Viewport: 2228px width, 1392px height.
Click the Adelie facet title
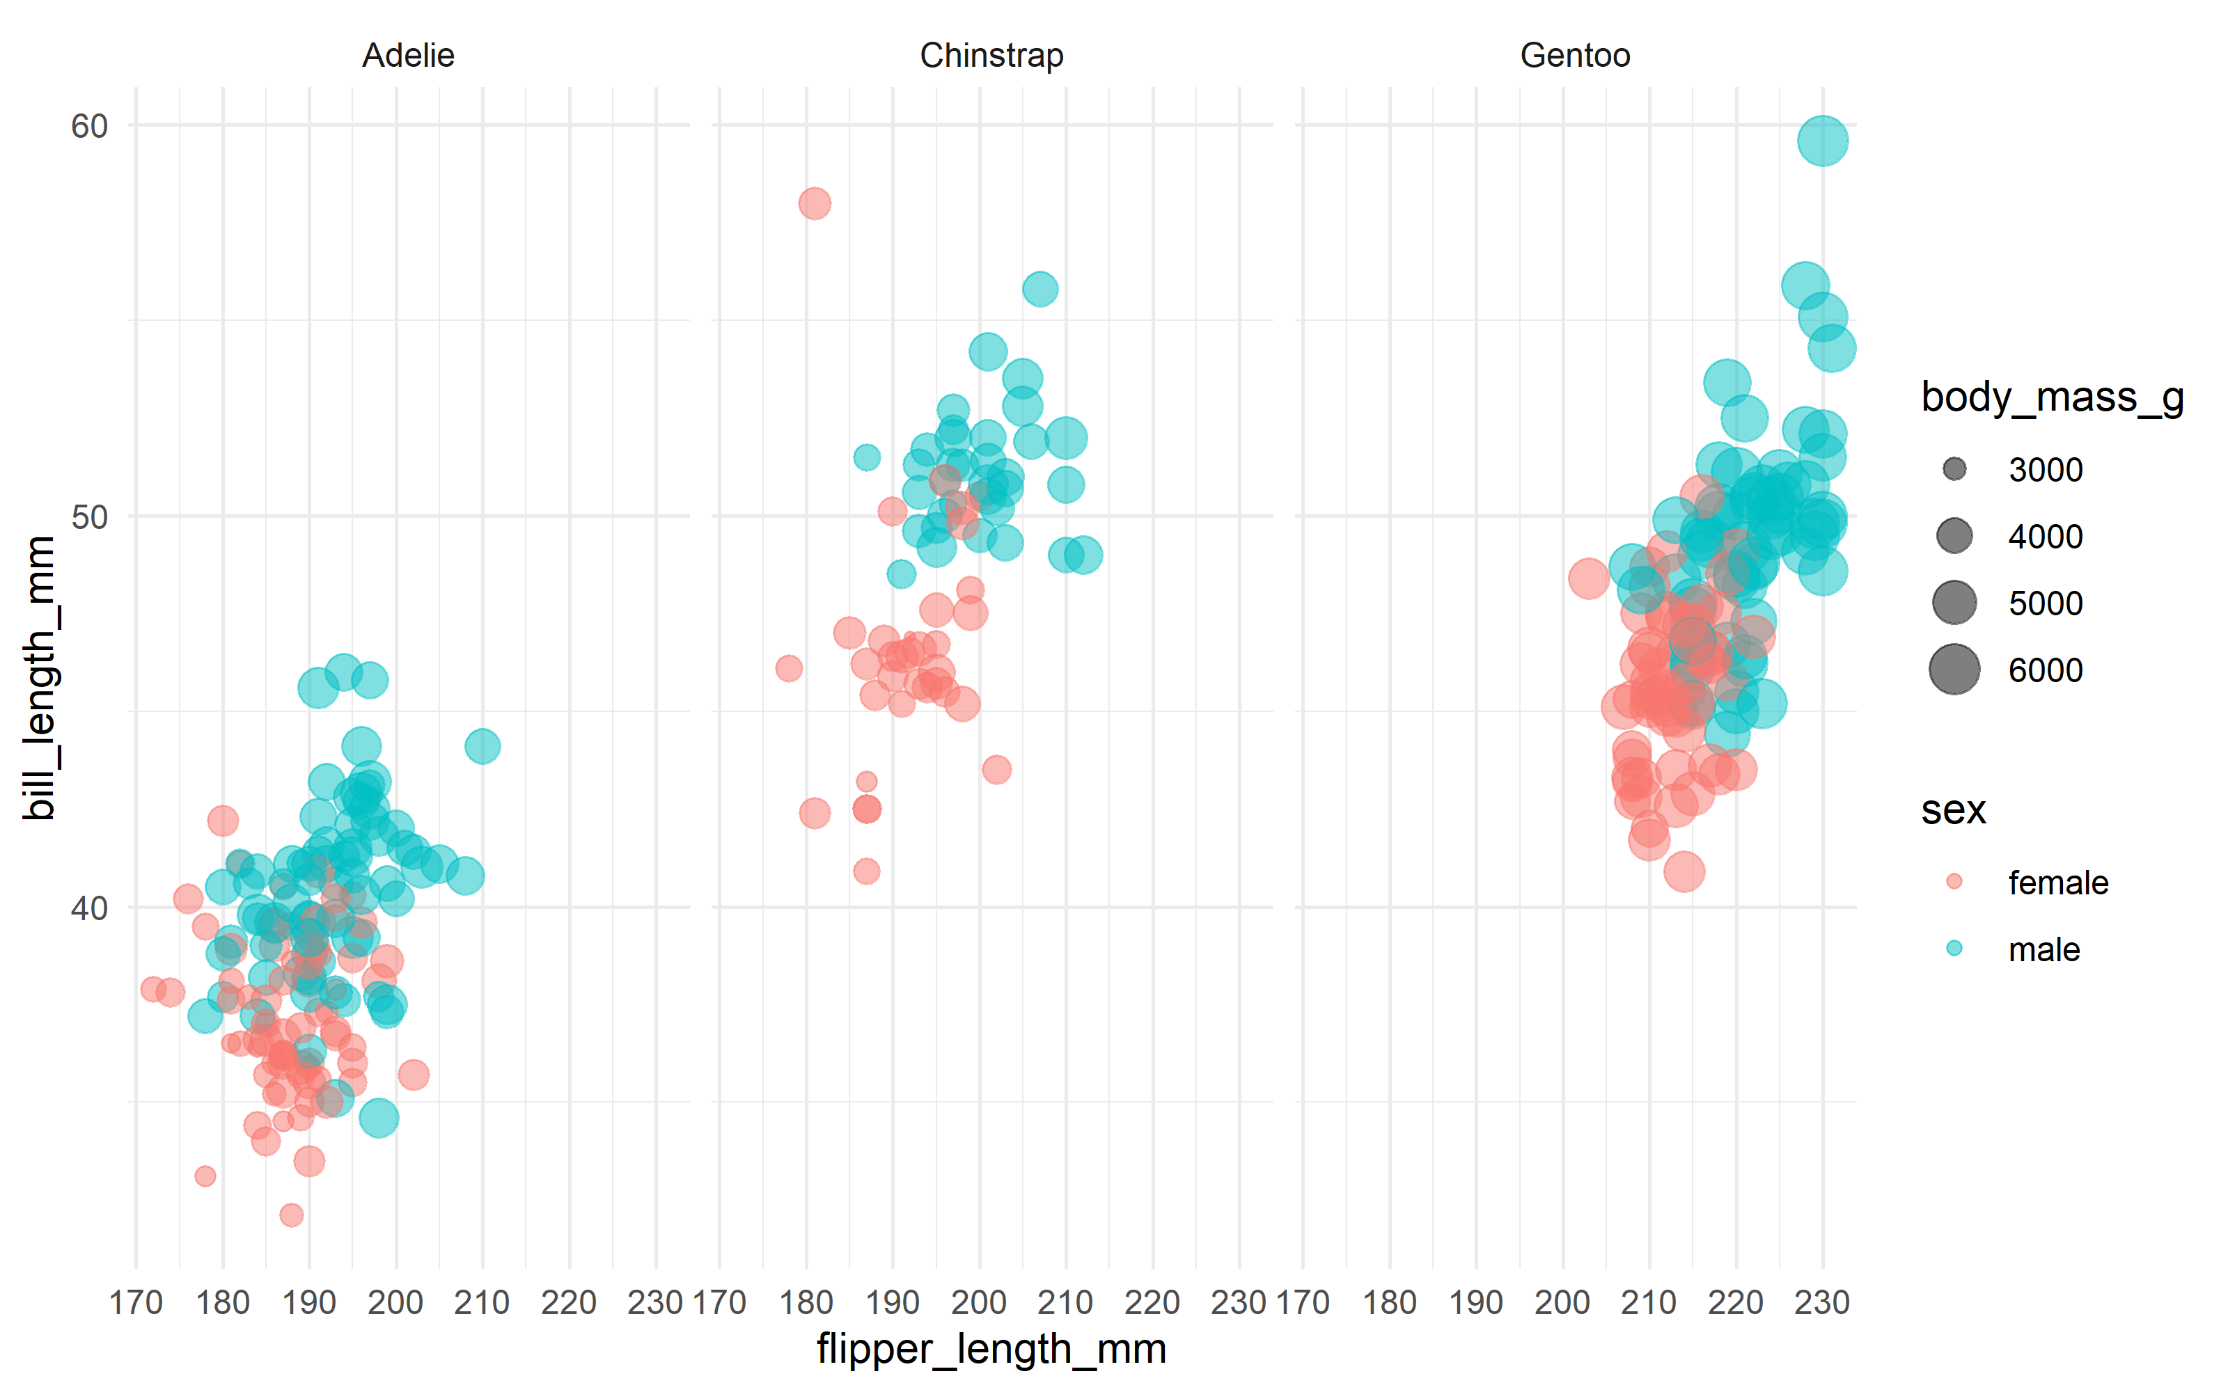point(408,55)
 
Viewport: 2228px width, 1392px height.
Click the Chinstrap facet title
point(991,55)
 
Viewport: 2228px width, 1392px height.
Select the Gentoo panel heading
point(1574,55)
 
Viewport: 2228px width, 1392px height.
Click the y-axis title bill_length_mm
point(40,678)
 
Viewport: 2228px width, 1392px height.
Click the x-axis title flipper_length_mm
point(991,1350)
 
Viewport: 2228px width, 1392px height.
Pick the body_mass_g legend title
point(2052,397)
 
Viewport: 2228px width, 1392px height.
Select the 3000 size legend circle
point(1954,470)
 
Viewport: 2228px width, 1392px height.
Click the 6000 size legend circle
point(1954,670)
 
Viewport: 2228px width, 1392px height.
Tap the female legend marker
point(1954,882)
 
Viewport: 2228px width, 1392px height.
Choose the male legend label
point(2044,949)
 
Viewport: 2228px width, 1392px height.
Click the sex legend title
point(1953,810)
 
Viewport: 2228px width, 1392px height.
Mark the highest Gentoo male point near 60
point(1822,141)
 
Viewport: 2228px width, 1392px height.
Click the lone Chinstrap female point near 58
point(814,203)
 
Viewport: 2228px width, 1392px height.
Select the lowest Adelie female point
point(292,1215)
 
